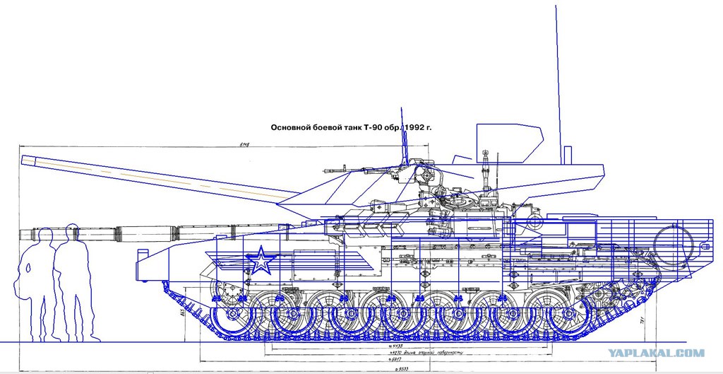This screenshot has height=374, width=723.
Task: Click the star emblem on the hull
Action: (x=262, y=261)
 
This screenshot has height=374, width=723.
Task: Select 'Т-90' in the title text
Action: (x=373, y=129)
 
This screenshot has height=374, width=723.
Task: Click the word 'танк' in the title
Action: (x=349, y=129)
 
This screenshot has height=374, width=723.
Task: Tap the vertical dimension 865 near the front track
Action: (x=182, y=311)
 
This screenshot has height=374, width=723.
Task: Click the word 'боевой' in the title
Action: (x=324, y=129)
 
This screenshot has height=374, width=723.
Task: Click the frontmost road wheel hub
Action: (x=227, y=315)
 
